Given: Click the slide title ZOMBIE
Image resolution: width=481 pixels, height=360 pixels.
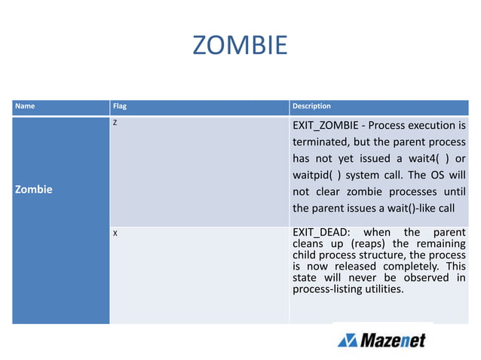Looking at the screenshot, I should pos(240,45).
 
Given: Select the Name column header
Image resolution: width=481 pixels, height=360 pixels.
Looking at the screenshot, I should pos(26,106).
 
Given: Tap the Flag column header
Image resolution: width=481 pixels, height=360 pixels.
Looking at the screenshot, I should pos(120,106).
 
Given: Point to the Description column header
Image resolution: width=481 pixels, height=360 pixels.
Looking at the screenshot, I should pos(311,106).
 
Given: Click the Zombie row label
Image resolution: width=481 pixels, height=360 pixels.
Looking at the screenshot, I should pos(35,189).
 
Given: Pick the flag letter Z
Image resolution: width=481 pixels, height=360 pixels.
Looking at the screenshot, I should pos(115,122).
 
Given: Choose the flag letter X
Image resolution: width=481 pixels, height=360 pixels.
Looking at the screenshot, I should pos(115,233).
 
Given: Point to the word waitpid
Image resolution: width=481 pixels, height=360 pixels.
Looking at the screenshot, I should pos(312,175).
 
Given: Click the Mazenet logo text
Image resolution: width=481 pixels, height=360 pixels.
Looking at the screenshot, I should pos(392,340).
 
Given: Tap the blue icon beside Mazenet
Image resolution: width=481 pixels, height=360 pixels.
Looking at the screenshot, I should pos(348,340).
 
